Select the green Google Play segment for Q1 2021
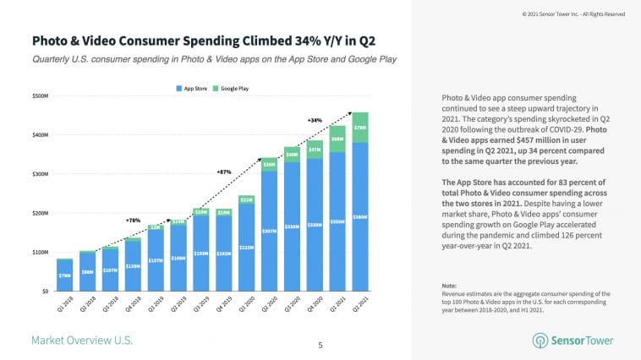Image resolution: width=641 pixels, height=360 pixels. coord(337,139)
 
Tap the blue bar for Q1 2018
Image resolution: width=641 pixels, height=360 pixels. coord(64,275)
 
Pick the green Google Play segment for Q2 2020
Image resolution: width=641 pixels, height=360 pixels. coord(270,165)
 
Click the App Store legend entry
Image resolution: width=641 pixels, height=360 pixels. coord(194,89)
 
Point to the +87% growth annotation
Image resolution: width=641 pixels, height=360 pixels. coord(224,172)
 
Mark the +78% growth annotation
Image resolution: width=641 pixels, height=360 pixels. coord(133,220)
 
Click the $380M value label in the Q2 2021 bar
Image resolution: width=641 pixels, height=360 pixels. coord(360,217)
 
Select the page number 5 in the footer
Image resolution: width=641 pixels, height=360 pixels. coord(320,345)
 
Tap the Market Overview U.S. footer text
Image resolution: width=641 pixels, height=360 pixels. coord(81,341)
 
